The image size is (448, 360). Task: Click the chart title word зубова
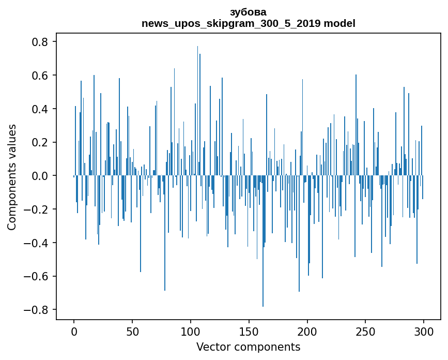click(x=248, y=12)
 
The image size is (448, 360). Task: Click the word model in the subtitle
click(x=339, y=23)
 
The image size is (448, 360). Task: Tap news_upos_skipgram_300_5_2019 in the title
click(x=231, y=23)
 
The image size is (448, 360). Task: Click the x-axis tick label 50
click(x=132, y=332)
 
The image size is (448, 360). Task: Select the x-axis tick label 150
click(x=249, y=332)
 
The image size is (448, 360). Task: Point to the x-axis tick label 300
click(x=424, y=332)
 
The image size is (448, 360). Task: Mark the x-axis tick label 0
click(x=74, y=332)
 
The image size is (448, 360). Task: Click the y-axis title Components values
click(x=12, y=177)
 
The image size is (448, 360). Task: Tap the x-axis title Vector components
click(x=248, y=347)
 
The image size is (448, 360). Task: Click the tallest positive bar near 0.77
click(x=197, y=111)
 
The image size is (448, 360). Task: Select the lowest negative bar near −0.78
click(x=263, y=241)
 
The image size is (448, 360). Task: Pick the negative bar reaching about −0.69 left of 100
click(x=165, y=233)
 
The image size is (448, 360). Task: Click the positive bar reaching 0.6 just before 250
click(x=356, y=125)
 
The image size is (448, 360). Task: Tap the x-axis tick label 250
click(x=365, y=332)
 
